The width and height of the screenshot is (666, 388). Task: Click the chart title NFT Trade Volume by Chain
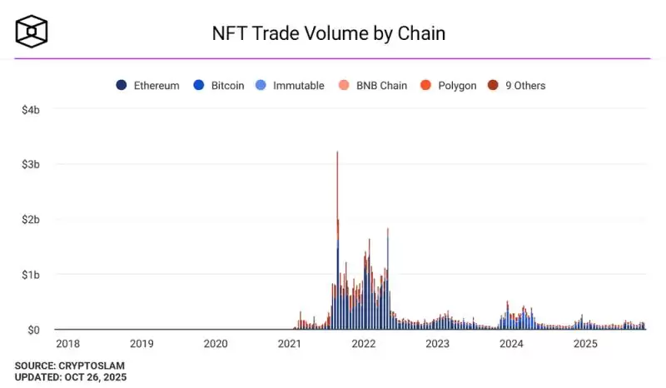pos(328,33)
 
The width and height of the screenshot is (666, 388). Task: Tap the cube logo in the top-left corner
pos(32,32)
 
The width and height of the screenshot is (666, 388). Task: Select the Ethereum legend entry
pos(148,85)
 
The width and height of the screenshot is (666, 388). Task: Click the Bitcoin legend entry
pos(220,85)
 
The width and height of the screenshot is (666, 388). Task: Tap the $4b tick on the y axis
pos(30,109)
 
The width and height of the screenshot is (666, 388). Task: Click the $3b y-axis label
pos(30,164)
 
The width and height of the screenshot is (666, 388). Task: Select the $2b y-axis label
pos(30,219)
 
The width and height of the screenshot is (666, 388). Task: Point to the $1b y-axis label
pos(30,274)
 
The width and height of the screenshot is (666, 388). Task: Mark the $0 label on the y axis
pos(33,330)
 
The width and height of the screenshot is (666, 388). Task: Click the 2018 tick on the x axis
pos(68,343)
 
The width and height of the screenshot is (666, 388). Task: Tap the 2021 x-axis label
pos(290,343)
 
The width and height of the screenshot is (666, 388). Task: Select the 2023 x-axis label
pos(437,343)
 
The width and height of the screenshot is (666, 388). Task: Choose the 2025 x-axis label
pos(585,343)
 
